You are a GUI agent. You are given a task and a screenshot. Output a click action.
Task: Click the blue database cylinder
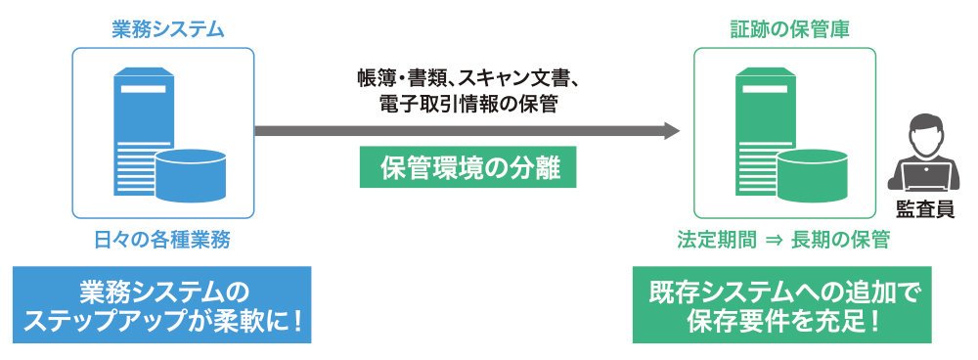click(191, 175)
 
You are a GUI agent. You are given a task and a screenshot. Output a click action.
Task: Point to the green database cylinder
click(812, 175)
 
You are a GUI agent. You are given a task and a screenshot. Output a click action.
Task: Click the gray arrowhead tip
click(680, 131)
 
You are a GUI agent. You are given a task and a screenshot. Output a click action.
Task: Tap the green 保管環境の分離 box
click(467, 166)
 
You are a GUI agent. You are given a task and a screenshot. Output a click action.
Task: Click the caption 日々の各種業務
click(162, 241)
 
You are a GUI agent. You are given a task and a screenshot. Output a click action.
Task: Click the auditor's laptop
click(924, 175)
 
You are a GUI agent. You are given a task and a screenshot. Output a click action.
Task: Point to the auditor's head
click(924, 132)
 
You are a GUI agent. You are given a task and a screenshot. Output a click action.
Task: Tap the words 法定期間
click(717, 241)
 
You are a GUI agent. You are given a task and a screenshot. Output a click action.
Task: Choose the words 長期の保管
click(840, 241)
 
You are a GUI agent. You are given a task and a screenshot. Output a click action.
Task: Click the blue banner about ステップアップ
click(162, 305)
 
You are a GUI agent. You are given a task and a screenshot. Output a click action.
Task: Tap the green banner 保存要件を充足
click(782, 305)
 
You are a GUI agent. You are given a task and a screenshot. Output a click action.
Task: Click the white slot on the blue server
click(144, 89)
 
